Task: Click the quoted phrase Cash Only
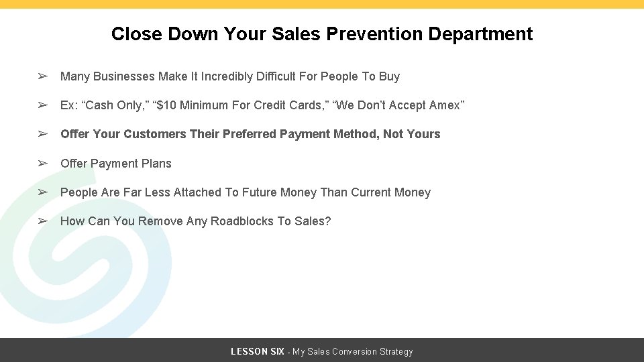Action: (x=118, y=105)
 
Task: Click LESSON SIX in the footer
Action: (x=257, y=352)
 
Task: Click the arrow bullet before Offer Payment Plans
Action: (x=42, y=164)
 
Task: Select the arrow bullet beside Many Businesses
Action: (x=42, y=76)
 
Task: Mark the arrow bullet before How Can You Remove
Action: (x=42, y=221)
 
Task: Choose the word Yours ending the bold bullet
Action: (x=423, y=134)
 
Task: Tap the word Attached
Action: (x=197, y=192)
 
